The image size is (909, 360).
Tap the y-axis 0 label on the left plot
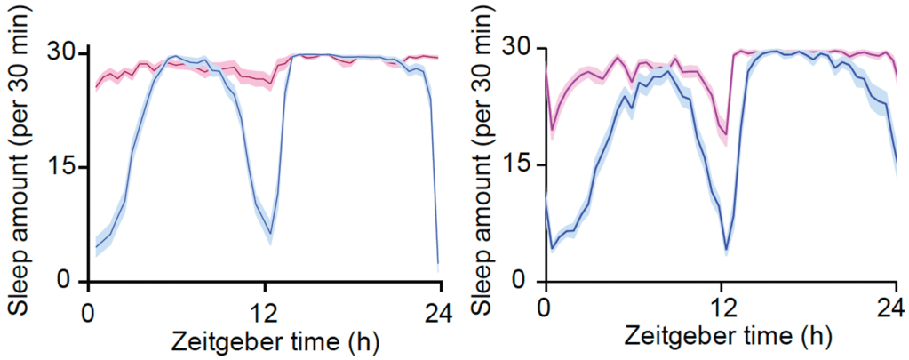tap(70, 281)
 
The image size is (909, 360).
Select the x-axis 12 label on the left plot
tap(264, 314)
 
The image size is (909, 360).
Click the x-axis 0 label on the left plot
tap(87, 314)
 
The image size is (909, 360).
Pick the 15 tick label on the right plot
tap(523, 165)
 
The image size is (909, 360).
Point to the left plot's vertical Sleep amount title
tap(20, 167)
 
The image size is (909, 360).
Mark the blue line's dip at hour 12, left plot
tap(270, 234)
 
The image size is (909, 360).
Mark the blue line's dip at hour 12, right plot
tap(726, 250)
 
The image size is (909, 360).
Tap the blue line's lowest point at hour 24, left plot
tap(439, 263)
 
